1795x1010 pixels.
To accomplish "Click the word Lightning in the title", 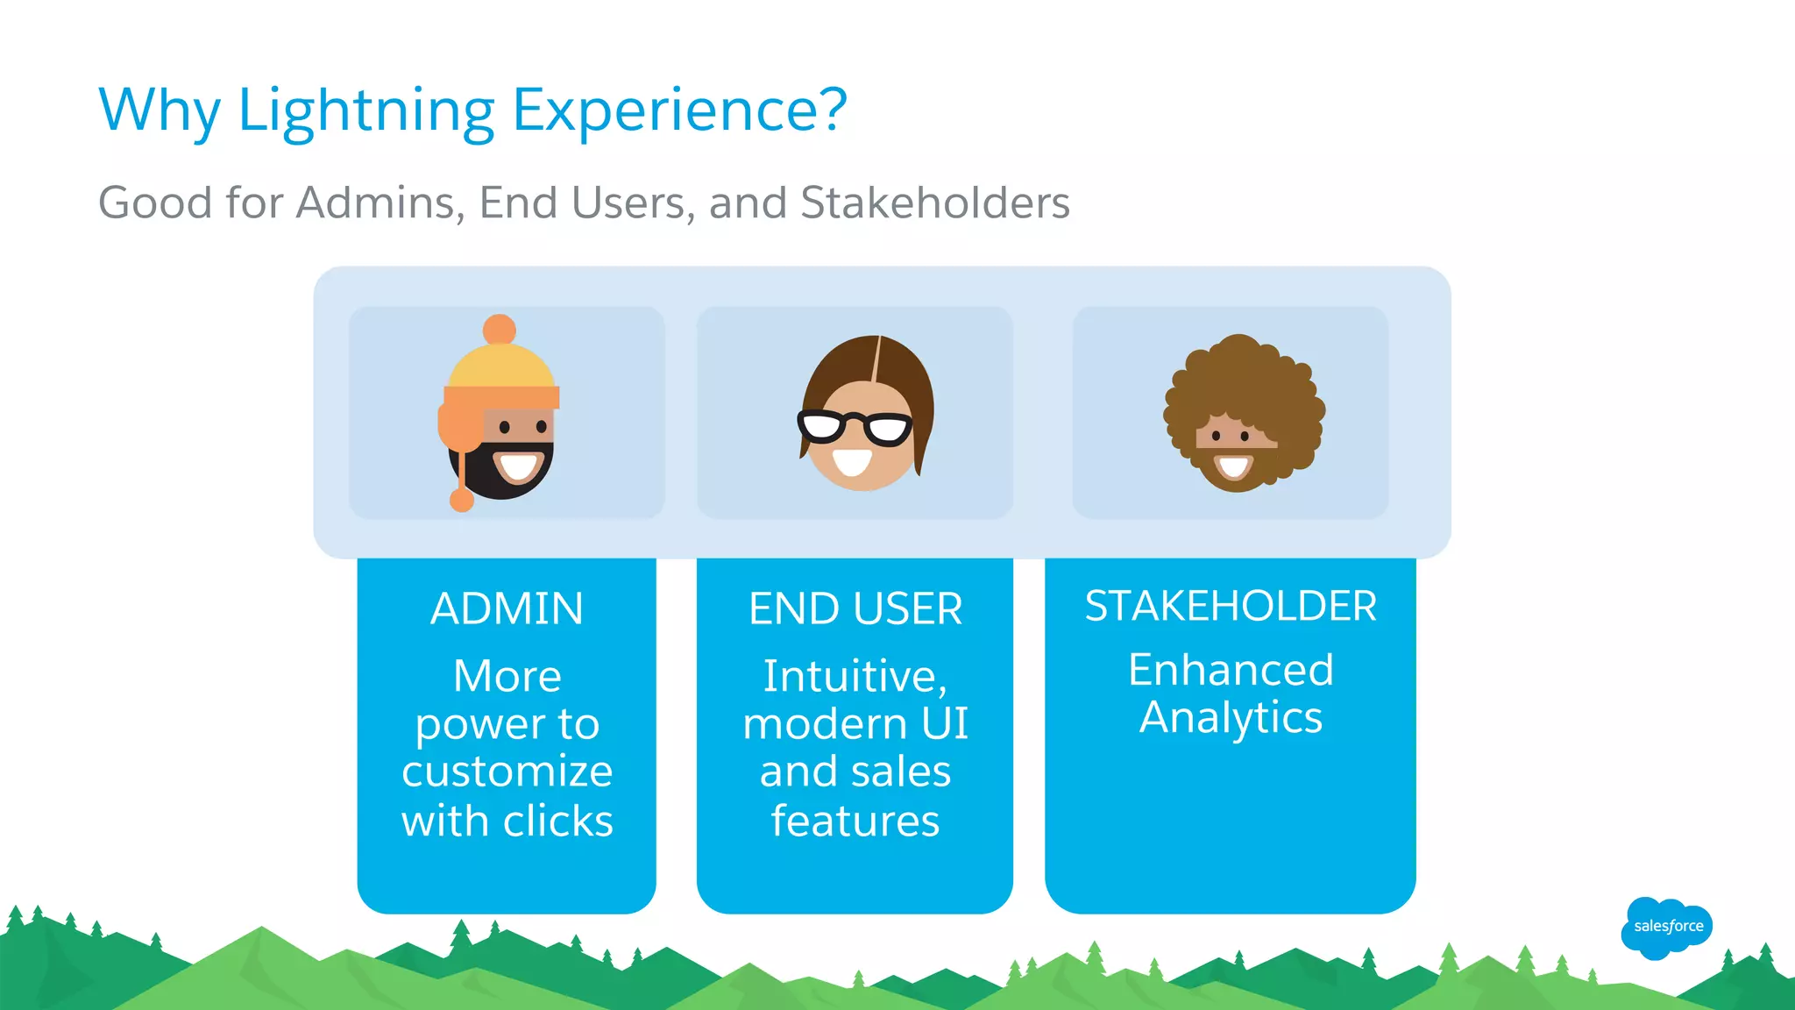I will point(365,111).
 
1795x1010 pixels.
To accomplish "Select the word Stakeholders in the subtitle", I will point(934,203).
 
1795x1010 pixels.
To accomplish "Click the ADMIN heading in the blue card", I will point(507,608).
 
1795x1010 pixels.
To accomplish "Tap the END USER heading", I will point(855,608).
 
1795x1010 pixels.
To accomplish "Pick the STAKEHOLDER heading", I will point(1230,606).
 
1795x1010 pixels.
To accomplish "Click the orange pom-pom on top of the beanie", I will point(499,330).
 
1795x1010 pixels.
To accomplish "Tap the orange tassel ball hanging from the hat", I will point(462,501).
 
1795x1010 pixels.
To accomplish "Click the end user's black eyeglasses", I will point(855,427).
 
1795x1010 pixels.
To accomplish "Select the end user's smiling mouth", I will point(852,461).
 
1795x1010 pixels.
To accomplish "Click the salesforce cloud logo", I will point(1667,927).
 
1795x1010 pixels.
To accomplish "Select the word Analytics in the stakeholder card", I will point(1230,717).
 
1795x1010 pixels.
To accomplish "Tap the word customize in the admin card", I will point(507,772).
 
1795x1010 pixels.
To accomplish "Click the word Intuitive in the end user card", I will point(854,676).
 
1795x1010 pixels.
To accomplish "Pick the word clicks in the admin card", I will point(557,822).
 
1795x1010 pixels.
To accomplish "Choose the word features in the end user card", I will point(855,822).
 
